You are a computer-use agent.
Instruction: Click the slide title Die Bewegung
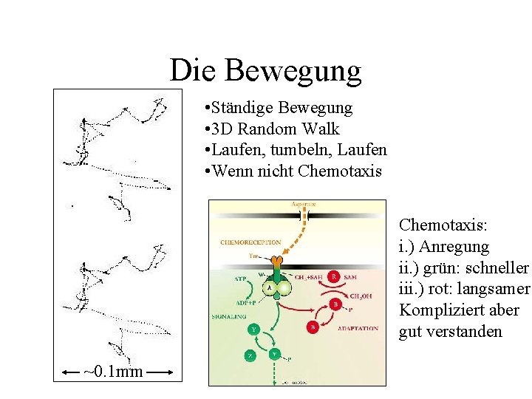(265, 70)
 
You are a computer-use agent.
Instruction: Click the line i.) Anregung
(443, 245)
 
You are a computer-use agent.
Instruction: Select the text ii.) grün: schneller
(463, 267)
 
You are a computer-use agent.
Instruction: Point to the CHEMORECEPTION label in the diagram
(250, 242)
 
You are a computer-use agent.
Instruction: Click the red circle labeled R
(334, 276)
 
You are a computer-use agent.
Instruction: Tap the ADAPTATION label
(358, 328)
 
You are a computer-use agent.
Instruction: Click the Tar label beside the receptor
(254, 255)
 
